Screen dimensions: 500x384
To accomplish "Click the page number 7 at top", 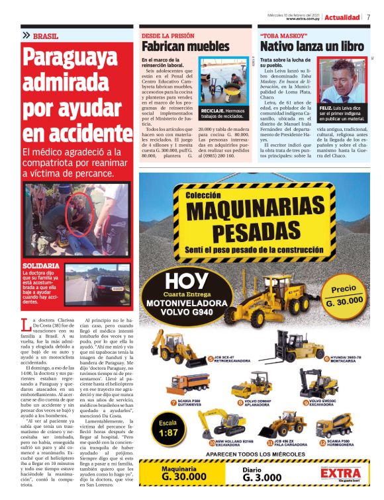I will click(x=367, y=17).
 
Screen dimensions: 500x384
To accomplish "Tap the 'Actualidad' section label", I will click(x=342, y=17).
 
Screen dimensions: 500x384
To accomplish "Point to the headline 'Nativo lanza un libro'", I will click(x=311, y=47).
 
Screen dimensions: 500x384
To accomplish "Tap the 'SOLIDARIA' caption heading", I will click(x=41, y=266).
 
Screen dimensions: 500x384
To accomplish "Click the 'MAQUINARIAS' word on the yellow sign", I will click(x=254, y=212).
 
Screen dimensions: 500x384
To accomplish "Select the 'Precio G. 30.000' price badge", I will click(x=344, y=295).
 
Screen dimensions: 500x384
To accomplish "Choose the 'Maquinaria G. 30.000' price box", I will click(x=185, y=474).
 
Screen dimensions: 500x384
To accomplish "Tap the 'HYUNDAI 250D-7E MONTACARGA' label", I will click(x=347, y=359).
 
